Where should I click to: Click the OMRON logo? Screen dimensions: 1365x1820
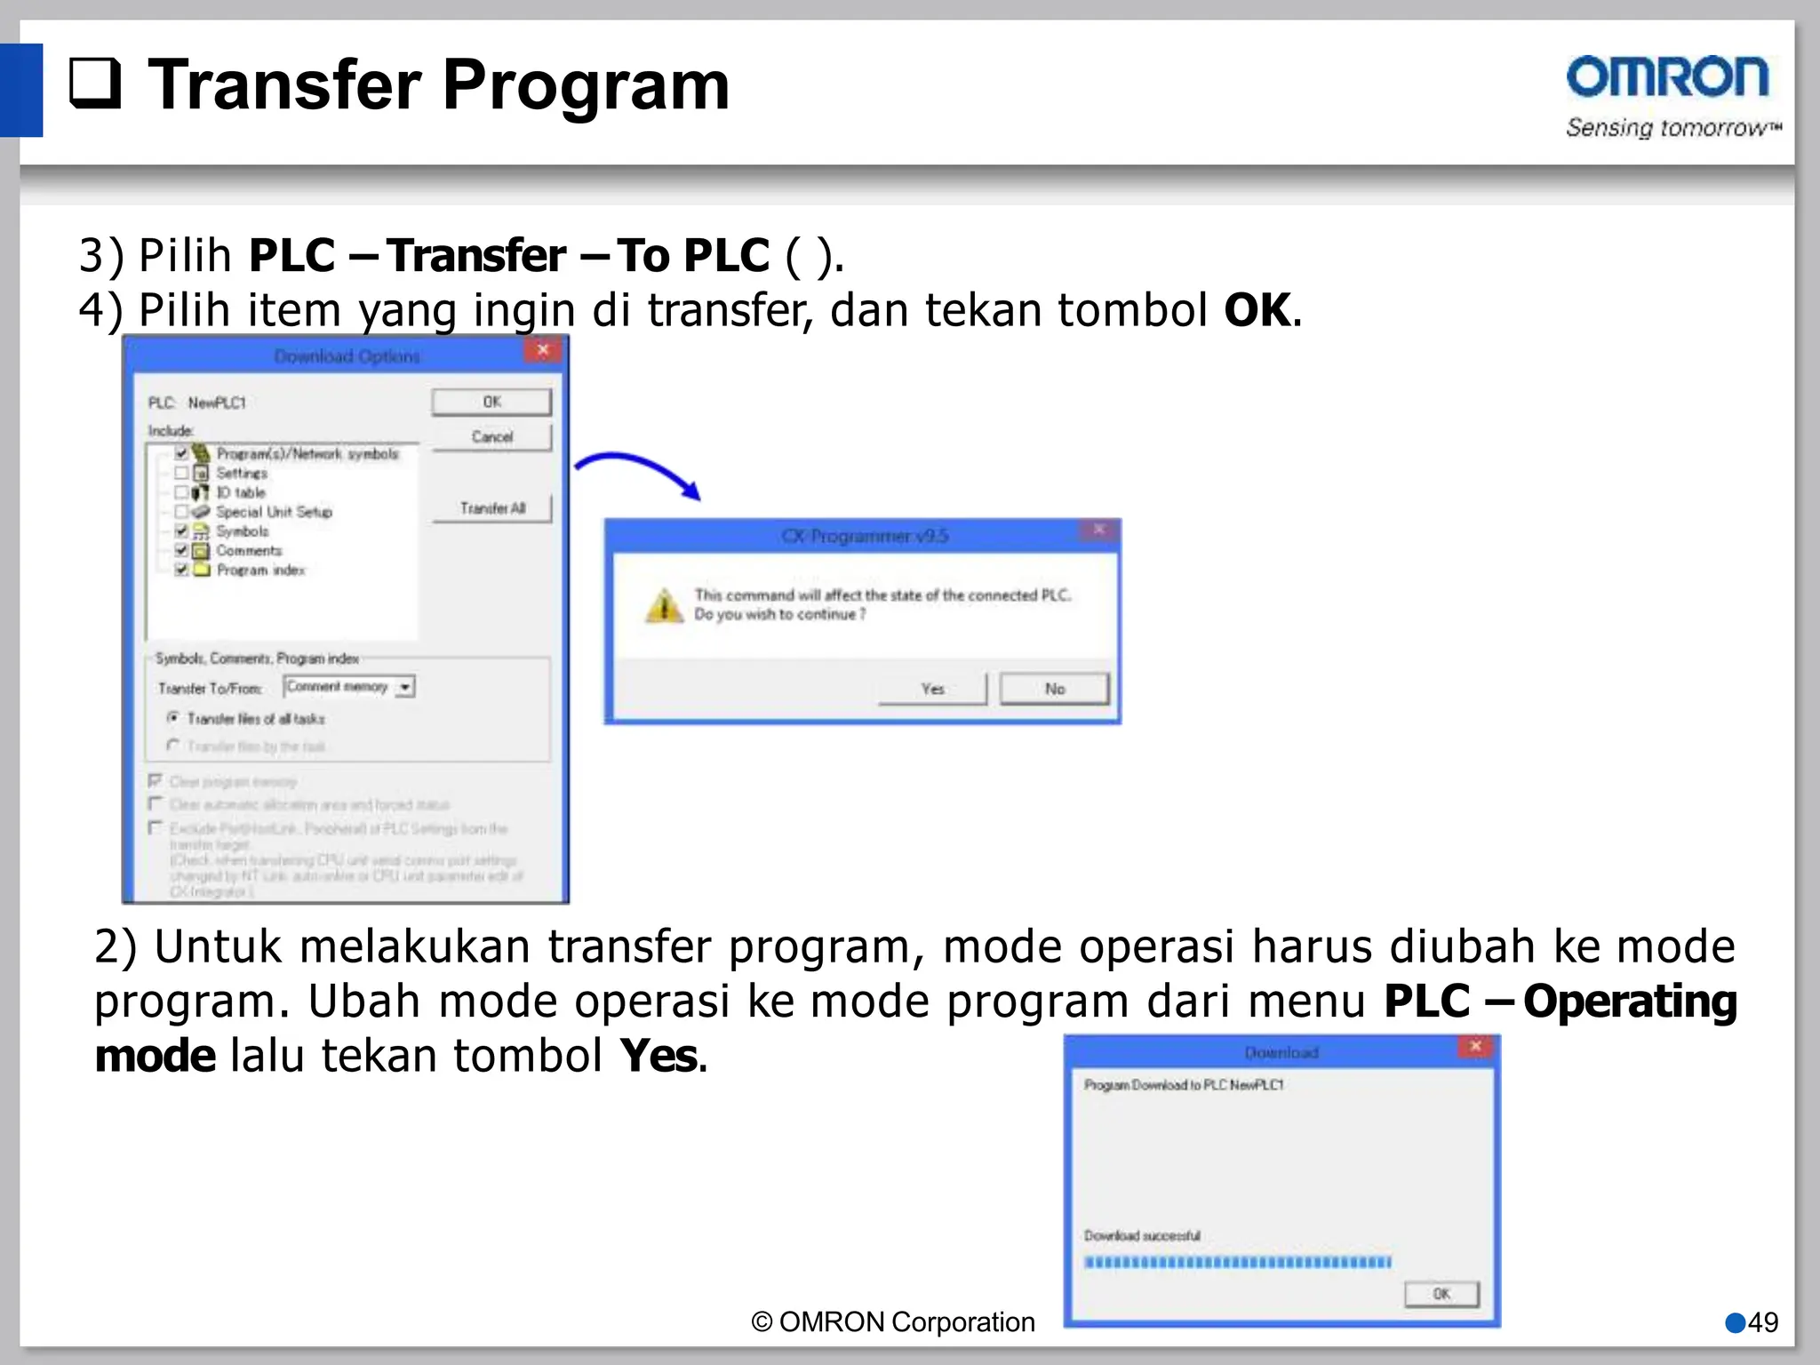point(1667,78)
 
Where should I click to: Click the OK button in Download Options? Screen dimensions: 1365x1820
point(491,402)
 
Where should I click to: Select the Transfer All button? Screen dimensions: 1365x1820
point(492,508)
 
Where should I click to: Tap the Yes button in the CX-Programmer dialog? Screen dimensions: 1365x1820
point(932,689)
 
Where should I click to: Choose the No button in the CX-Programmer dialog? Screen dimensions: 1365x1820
point(1054,689)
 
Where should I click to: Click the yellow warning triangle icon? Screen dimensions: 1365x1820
point(664,606)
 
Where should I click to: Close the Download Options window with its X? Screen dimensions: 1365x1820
point(543,350)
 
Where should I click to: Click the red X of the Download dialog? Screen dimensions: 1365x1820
point(1475,1047)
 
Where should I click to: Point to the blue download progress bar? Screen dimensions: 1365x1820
point(1237,1262)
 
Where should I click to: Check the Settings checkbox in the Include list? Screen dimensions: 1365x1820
point(181,473)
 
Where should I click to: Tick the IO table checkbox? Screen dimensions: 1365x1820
point(181,492)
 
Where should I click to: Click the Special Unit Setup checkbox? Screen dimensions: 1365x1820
point(181,512)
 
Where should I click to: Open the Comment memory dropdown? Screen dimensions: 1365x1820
point(405,687)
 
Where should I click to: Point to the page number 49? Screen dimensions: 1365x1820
point(1762,1322)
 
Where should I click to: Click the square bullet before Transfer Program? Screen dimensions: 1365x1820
point(95,84)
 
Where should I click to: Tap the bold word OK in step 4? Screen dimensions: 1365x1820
point(1257,310)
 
